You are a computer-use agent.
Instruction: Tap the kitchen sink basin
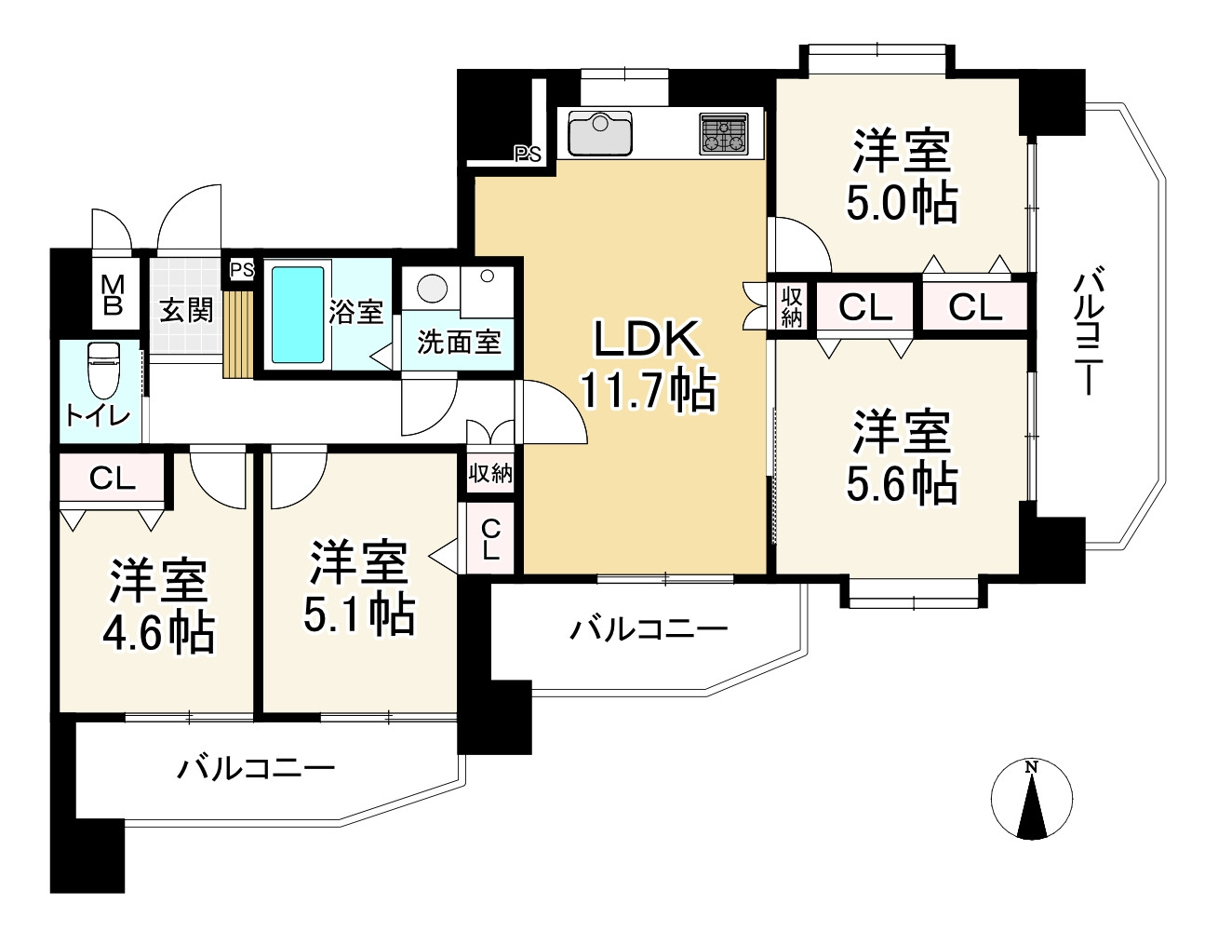600,134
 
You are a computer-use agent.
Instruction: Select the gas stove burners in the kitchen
724,134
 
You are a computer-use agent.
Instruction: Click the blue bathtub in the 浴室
298,315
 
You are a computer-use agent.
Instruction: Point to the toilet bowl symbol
104,369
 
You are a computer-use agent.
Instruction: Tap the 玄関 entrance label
186,311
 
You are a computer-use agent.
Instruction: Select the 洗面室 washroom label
459,343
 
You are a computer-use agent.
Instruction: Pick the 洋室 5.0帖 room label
901,176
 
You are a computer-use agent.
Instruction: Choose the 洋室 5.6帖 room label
902,456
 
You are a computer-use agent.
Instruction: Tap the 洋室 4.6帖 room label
158,606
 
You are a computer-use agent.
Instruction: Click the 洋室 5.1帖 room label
358,587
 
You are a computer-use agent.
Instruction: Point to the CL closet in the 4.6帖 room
113,477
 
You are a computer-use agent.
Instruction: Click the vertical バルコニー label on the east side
1090,331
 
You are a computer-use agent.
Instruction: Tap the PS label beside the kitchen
528,154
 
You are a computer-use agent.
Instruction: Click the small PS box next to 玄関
242,270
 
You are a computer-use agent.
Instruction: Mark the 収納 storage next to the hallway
490,473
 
